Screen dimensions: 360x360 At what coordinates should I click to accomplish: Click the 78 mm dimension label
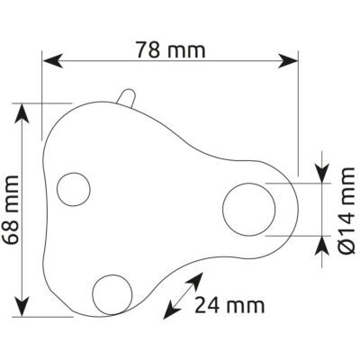pyautogui.click(x=171, y=50)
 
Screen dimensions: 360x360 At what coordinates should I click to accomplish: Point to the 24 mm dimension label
pyautogui.click(x=229, y=306)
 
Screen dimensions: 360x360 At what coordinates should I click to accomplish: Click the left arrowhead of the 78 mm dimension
pyautogui.click(x=53, y=61)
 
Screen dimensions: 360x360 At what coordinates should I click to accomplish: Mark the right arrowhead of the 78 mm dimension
pyautogui.click(x=288, y=61)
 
